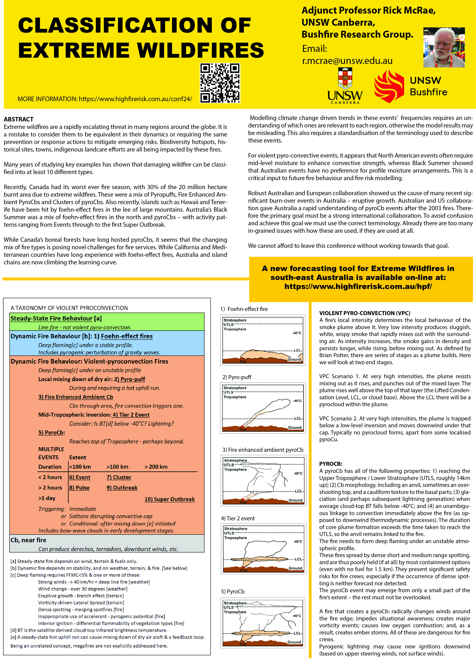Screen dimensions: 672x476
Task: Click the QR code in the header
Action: [x=220, y=83]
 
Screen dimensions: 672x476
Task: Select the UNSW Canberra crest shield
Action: [x=345, y=78]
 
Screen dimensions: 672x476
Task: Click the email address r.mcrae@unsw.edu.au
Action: [x=347, y=61]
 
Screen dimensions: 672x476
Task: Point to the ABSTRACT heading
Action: [x=18, y=119]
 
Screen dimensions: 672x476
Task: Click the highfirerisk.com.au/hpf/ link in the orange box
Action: [x=358, y=286]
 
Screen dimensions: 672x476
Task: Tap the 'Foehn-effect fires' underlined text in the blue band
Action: [x=127, y=336]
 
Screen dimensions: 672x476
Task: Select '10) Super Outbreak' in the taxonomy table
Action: [x=169, y=499]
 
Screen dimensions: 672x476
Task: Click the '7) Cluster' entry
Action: [x=119, y=477]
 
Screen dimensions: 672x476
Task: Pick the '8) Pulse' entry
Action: [x=80, y=487]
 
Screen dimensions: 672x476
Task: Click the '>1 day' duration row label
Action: [x=47, y=498]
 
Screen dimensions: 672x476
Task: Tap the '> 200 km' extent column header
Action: [x=156, y=467]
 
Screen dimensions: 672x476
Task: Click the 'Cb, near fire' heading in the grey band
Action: [x=28, y=540]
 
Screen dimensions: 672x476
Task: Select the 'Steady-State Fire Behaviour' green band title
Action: [x=52, y=318]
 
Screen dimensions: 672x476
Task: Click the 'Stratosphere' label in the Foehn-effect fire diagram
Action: [x=235, y=320]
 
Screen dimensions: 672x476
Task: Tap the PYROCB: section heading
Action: [x=331, y=464]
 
